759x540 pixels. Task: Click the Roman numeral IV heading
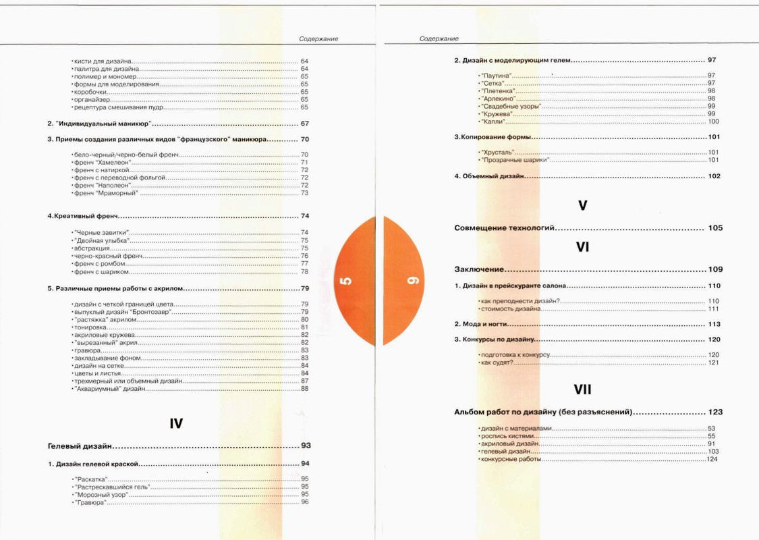175,424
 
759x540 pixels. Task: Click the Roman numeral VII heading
582,389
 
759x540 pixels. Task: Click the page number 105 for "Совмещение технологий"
715,228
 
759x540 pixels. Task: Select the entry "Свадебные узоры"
511,106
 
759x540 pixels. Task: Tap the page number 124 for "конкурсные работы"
712,460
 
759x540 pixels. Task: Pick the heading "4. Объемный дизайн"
488,177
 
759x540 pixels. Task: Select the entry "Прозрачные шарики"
514,161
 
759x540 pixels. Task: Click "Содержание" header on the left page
318,39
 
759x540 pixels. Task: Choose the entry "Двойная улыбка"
101,240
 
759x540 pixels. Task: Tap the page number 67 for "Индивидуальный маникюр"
304,124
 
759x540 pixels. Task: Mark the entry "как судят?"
497,363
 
